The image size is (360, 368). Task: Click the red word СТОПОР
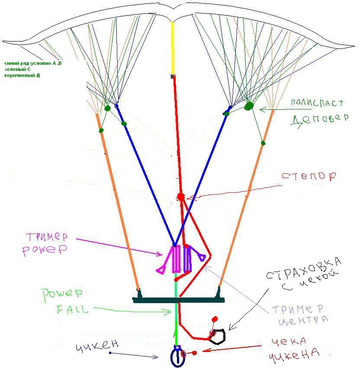[309, 177]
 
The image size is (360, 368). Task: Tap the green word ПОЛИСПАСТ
[317, 103]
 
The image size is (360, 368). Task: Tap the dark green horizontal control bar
[178, 299]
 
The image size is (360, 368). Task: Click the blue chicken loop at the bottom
[177, 357]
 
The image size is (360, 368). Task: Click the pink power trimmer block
[176, 259]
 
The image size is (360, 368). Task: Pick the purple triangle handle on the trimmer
[201, 257]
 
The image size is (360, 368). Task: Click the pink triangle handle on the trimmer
[161, 270]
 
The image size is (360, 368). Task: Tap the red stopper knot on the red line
[181, 197]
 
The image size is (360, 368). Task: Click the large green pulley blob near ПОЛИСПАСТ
[249, 106]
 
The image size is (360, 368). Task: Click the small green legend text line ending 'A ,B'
[33, 64]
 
